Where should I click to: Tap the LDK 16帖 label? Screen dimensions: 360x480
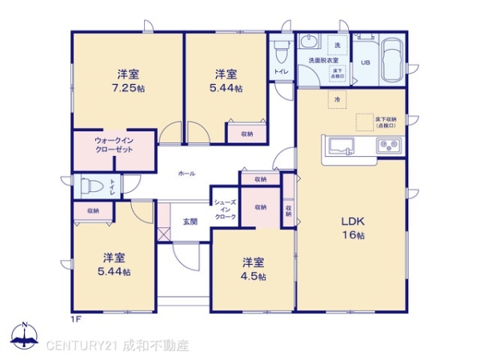click(x=354, y=227)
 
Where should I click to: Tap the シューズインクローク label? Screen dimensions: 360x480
click(x=224, y=210)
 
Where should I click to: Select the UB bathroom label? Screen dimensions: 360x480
click(x=365, y=62)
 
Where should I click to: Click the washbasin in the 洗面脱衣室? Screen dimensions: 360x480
click(x=308, y=43)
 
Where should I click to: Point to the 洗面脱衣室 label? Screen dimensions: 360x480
click(x=322, y=61)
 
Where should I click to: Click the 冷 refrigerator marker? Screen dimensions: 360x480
click(x=338, y=99)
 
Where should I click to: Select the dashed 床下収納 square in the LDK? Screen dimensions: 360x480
click(x=365, y=121)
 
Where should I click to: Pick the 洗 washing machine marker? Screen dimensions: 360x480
click(x=338, y=44)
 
